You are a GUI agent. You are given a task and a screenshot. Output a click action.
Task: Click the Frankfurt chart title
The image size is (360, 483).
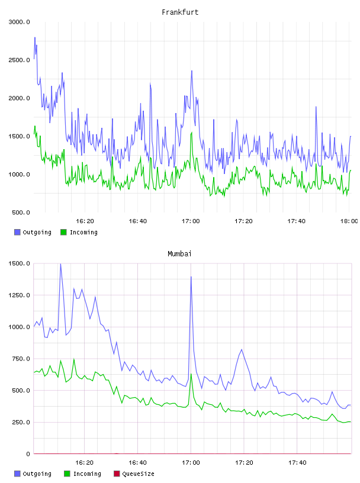(180, 12)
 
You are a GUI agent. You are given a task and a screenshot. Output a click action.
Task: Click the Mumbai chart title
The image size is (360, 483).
(179, 253)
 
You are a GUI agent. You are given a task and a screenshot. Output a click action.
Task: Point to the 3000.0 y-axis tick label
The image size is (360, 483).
(19, 22)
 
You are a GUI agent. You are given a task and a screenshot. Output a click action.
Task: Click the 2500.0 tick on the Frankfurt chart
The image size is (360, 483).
(19, 60)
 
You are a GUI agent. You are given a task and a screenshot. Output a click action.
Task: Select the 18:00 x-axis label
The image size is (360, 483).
(349, 221)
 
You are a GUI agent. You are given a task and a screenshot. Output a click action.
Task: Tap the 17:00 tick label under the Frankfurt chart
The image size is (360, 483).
(191, 221)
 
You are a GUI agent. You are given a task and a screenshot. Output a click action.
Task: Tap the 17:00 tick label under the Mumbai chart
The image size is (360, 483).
(191, 462)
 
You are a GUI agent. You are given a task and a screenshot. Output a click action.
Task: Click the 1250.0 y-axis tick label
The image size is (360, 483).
(19, 295)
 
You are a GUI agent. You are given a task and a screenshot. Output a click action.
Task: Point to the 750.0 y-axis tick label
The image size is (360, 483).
(21, 359)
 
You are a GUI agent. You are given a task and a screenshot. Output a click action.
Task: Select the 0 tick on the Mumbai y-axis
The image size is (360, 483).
(28, 454)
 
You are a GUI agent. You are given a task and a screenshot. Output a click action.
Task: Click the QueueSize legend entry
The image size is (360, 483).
(134, 474)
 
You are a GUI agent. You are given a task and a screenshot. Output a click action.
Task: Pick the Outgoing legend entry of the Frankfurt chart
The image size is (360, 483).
(33, 232)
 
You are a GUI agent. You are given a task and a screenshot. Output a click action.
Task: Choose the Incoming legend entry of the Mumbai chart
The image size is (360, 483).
(83, 474)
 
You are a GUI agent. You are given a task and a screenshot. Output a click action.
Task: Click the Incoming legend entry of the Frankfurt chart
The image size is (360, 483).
(79, 232)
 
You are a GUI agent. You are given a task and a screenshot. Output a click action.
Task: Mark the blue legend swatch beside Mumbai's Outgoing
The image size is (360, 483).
(17, 474)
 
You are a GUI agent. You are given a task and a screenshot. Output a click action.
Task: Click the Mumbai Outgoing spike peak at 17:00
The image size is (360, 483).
(191, 276)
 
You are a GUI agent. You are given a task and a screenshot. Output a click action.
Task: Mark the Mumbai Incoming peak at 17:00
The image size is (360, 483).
(191, 374)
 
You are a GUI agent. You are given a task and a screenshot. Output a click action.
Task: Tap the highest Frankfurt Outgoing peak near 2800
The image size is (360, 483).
(35, 37)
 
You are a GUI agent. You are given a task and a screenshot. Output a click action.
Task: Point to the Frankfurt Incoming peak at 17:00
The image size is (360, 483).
(192, 133)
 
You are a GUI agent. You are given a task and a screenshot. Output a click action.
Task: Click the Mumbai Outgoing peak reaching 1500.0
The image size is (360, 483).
(60, 264)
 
